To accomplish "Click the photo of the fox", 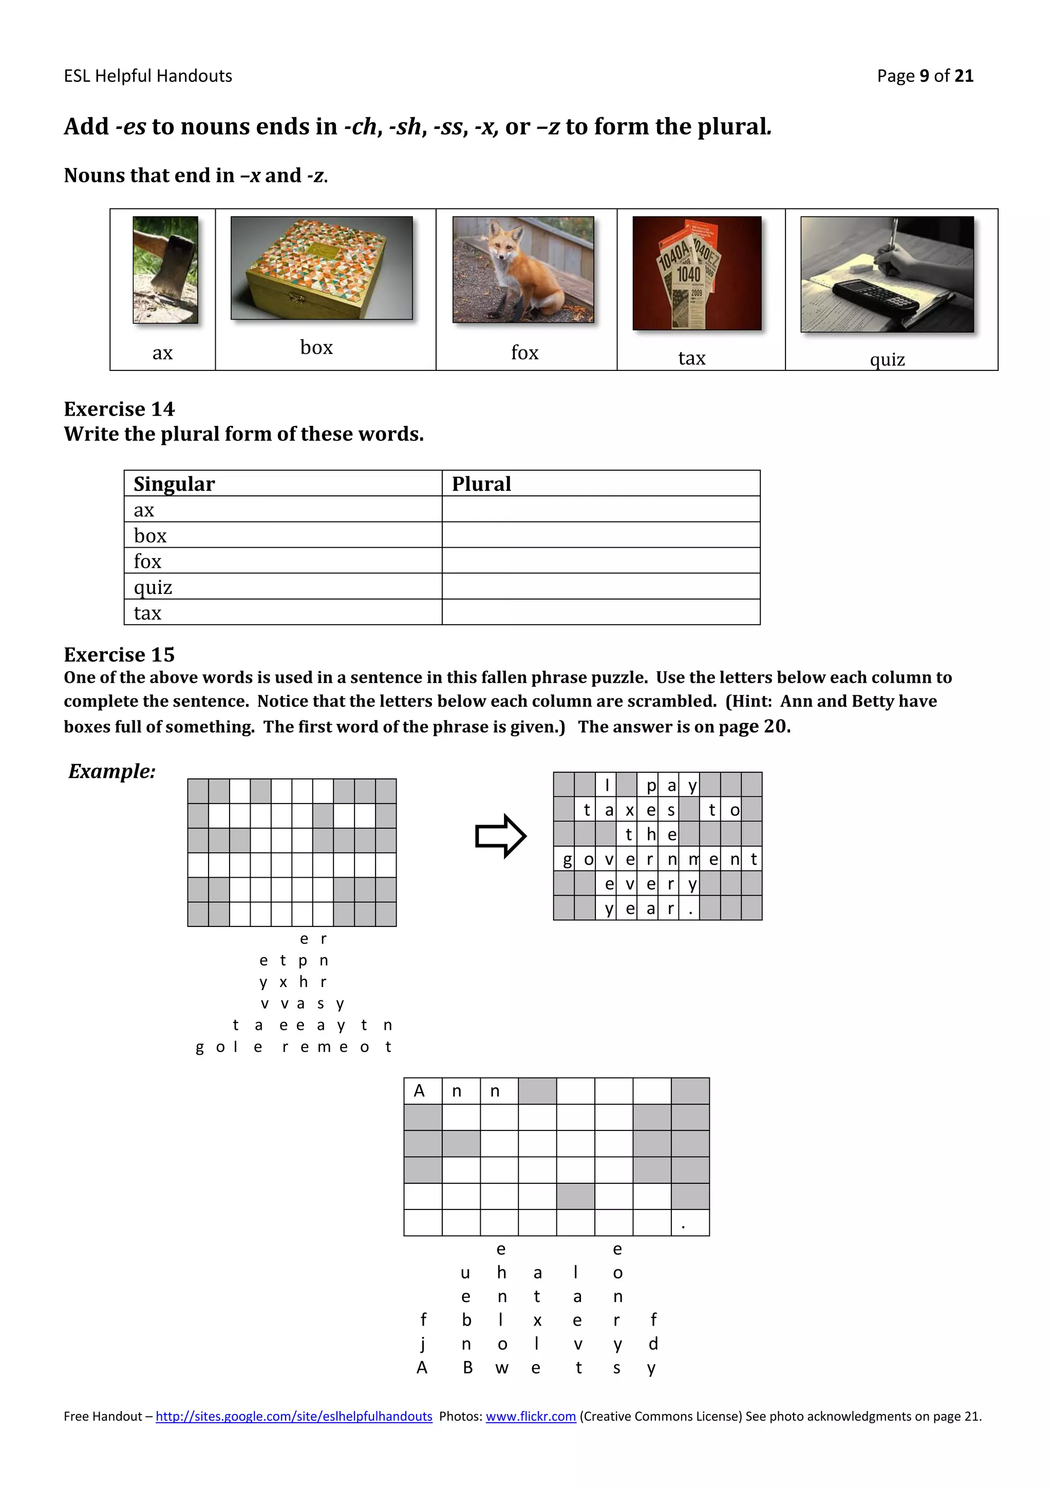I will click(523, 270).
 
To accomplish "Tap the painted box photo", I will click(321, 268).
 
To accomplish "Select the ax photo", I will click(165, 270).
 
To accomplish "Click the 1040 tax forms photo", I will click(697, 273).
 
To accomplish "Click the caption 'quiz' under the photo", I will click(887, 359).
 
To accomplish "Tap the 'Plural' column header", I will click(481, 484).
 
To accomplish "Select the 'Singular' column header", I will click(174, 484).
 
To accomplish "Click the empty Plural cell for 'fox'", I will click(600, 561).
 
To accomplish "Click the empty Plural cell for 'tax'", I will click(600, 612).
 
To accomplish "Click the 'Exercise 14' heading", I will click(119, 409).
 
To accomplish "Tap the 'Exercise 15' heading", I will click(119, 655).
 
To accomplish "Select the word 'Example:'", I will click(112, 771).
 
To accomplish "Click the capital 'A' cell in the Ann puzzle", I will click(420, 1091).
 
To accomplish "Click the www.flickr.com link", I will click(531, 1416).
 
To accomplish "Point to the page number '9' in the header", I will click(925, 76).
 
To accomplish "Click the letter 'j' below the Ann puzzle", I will click(422, 1344).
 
